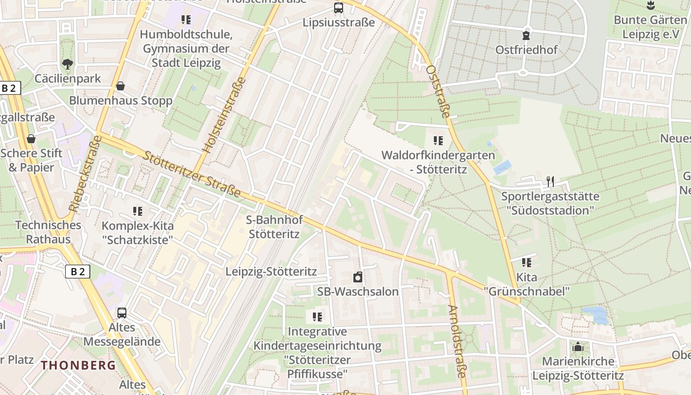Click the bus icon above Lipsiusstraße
(339, 8)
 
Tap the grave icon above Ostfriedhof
(526, 36)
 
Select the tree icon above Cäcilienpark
(67, 64)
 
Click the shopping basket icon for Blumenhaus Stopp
(120, 86)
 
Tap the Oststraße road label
(438, 91)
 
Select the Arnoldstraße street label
(457, 341)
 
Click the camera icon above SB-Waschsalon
(357, 277)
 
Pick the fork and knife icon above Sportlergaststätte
(550, 182)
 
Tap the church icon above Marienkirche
(578, 347)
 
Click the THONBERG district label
(78, 365)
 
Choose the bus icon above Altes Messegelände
(121, 313)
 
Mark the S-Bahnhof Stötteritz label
(274, 227)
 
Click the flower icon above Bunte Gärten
(650, 5)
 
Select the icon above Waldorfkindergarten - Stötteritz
(438, 141)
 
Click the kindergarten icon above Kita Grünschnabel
(527, 263)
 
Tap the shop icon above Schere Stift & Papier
(31, 139)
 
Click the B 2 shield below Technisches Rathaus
(77, 271)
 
